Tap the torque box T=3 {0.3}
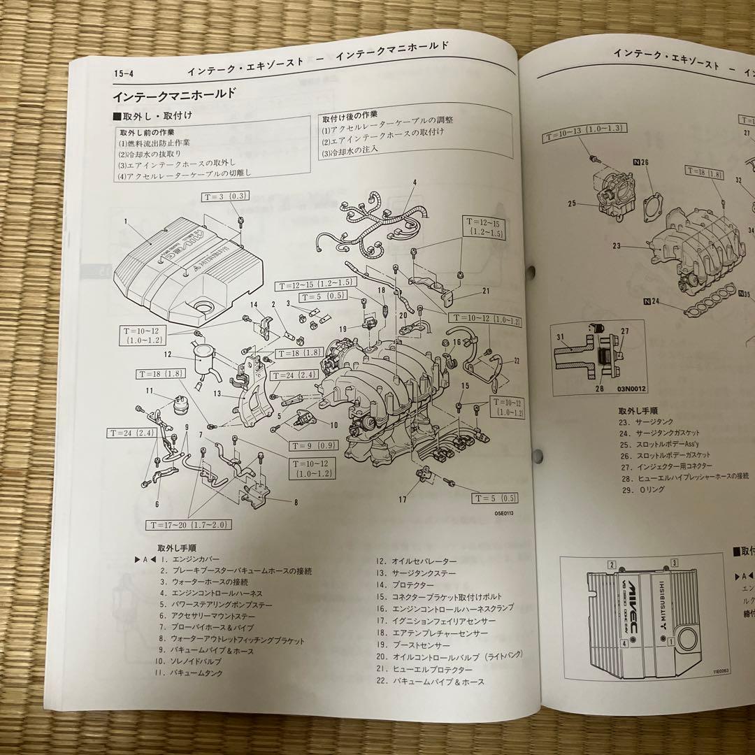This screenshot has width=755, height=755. pyautogui.click(x=225, y=196)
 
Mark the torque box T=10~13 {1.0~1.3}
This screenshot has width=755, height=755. pyautogui.click(x=584, y=129)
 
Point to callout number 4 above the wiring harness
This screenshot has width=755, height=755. pyautogui.click(x=415, y=183)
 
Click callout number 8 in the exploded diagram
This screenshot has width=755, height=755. pyautogui.click(x=296, y=501)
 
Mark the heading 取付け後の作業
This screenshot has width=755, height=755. pyautogui.click(x=350, y=114)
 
